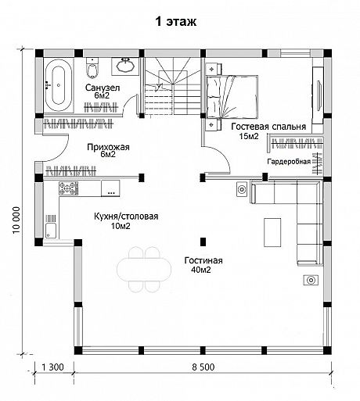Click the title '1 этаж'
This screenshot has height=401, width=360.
point(176,22)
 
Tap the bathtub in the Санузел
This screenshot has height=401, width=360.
point(58,85)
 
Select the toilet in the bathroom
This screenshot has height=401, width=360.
point(92,68)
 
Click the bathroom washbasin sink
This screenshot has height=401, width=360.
point(125,66)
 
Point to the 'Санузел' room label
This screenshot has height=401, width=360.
point(103,88)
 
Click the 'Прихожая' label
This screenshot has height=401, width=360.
point(108,147)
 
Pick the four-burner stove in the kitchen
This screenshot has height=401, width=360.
point(68,188)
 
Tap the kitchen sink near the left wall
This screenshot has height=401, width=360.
point(51,227)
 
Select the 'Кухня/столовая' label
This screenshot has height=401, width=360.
point(126,217)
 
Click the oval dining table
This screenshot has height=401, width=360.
point(144,270)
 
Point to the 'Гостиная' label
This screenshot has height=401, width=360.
point(203,260)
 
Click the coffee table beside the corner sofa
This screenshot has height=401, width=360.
point(272,232)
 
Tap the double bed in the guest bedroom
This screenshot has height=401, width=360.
point(232,97)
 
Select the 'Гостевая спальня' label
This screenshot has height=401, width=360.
point(268,127)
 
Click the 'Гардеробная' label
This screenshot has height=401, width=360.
point(289,162)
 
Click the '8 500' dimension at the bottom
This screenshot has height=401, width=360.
point(203,367)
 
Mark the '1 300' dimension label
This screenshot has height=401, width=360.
point(52,367)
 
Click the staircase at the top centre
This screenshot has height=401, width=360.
point(171,86)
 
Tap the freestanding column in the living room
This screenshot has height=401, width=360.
point(203,242)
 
